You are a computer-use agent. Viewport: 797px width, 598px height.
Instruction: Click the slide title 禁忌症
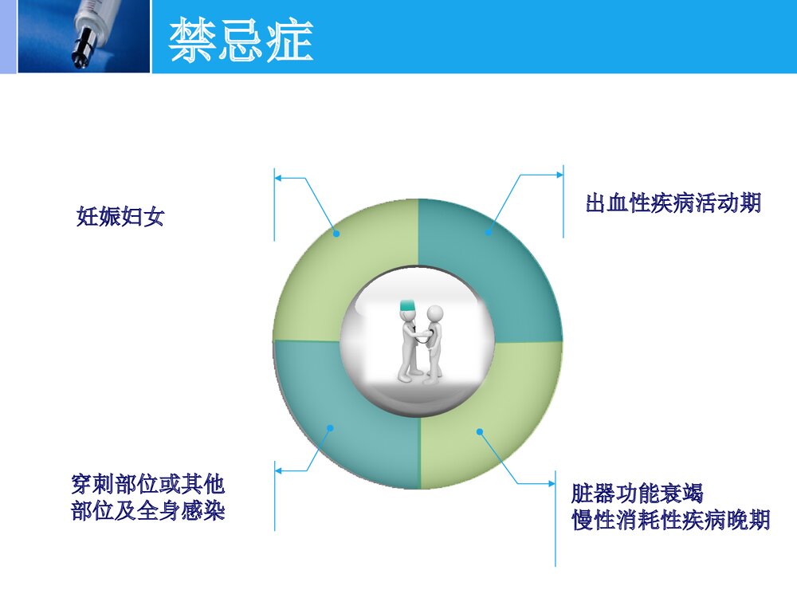(x=241, y=41)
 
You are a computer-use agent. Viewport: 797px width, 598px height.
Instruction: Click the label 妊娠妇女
(x=120, y=217)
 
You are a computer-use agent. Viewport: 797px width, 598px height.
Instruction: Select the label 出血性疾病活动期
(x=673, y=203)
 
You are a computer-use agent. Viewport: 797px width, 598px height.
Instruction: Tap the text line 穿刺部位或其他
(x=148, y=484)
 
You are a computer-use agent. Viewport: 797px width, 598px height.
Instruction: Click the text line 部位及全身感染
(x=148, y=510)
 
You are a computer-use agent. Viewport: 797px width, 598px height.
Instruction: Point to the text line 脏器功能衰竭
(x=637, y=493)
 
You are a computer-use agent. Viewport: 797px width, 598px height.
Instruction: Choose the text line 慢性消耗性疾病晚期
(x=671, y=520)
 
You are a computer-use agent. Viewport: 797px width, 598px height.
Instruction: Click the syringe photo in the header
(x=84, y=37)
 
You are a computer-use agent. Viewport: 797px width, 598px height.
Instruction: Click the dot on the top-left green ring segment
(x=336, y=234)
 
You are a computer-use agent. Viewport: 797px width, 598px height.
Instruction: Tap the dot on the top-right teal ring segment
(x=488, y=233)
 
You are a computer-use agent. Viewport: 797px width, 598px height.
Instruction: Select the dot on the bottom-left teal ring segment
(x=330, y=427)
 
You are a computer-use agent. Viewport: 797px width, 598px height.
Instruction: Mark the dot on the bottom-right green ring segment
(x=480, y=432)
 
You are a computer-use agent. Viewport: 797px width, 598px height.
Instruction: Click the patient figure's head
(x=434, y=312)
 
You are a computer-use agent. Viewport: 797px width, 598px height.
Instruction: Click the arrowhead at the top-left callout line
(x=279, y=179)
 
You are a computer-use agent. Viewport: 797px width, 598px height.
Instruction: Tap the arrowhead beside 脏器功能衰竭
(x=552, y=483)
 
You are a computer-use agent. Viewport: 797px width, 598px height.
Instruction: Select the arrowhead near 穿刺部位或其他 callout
(x=279, y=470)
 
